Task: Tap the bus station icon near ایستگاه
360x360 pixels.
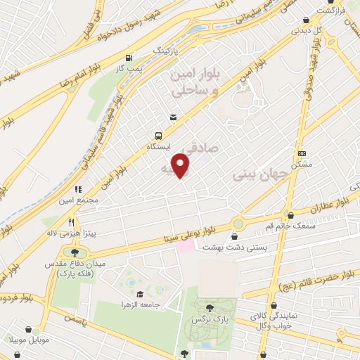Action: tap(157, 135)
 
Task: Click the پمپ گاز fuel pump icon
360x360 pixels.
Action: tap(128, 58)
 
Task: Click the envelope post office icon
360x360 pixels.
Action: tap(172, 118)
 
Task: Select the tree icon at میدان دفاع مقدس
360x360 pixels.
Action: tap(75, 251)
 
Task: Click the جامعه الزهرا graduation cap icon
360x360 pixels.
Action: tap(139, 294)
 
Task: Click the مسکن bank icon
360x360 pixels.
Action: tap(302, 153)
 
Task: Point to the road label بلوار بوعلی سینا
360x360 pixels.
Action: tap(199, 234)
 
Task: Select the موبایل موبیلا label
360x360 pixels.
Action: tap(27, 340)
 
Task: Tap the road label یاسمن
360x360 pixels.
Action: tap(72, 318)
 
